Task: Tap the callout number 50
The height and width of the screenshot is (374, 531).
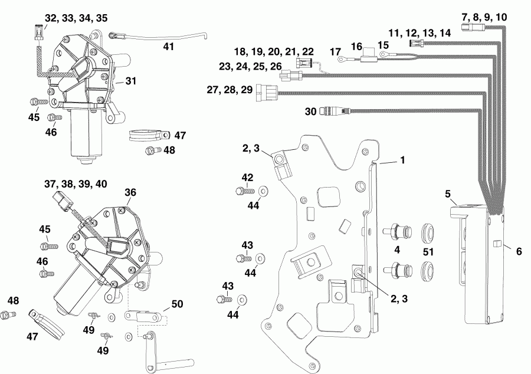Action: pyautogui.click(x=177, y=304)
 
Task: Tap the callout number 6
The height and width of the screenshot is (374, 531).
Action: pyautogui.click(x=519, y=251)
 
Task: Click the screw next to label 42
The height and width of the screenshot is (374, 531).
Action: pyautogui.click(x=243, y=191)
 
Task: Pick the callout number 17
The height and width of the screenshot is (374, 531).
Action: pyautogui.click(x=335, y=52)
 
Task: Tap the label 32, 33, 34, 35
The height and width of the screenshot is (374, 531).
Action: pyautogui.click(x=76, y=18)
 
